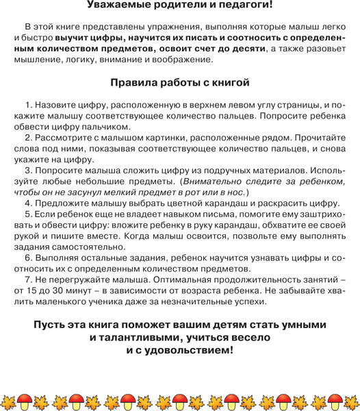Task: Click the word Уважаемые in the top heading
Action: [121, 5]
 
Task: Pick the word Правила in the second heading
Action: [136, 82]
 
